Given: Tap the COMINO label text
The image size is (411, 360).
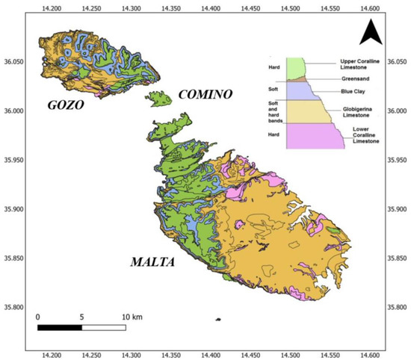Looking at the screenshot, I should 205,94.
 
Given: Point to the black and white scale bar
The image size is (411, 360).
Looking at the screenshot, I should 81,326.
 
